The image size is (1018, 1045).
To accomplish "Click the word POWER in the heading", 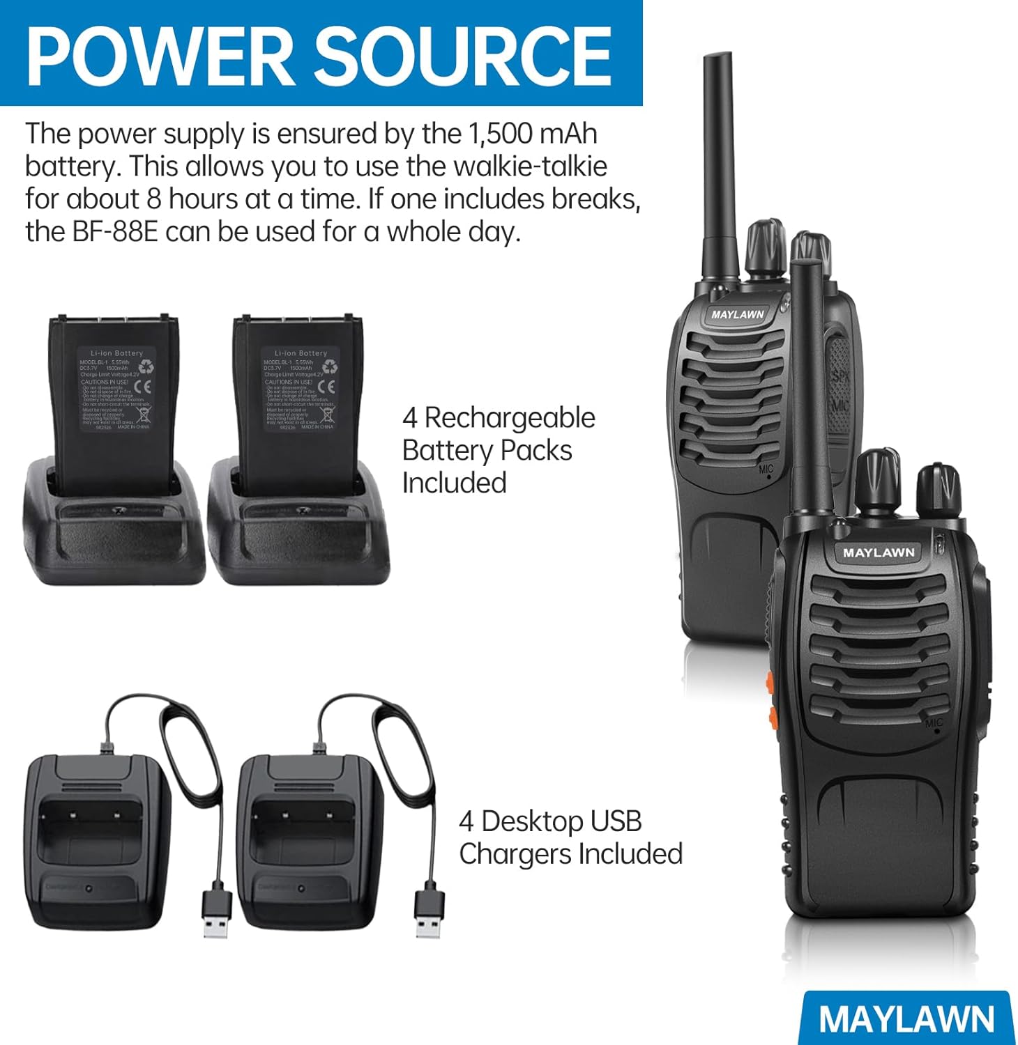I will tap(160, 54).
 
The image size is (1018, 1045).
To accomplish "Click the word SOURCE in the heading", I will tap(462, 54).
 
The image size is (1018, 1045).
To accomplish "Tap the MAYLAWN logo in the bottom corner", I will tap(906, 1019).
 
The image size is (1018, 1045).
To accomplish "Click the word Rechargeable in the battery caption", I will tap(510, 418).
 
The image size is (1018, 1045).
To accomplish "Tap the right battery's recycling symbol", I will tap(329, 366).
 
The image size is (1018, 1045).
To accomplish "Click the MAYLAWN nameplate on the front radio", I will tap(879, 552).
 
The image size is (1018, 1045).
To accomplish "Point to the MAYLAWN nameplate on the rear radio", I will tap(738, 314).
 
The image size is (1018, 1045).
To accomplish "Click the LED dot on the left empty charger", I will tap(89, 888).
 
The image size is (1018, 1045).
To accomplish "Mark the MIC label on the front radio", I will tap(934, 723).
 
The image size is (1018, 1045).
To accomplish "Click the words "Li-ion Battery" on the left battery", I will tap(116, 353).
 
